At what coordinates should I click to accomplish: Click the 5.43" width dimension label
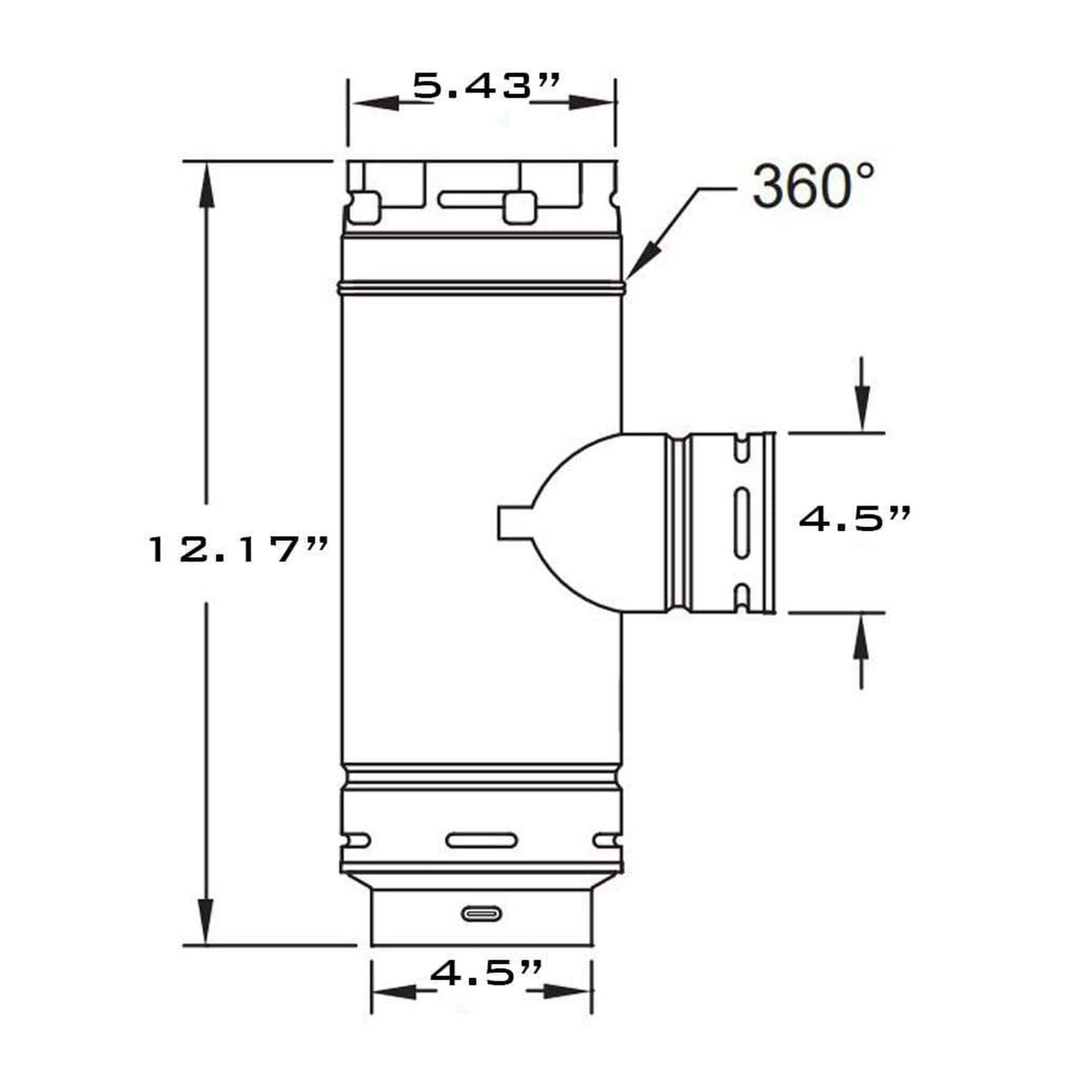[486, 86]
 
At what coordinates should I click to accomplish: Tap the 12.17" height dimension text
[237, 550]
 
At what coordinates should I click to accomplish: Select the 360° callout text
[812, 187]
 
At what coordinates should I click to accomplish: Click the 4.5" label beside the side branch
[855, 518]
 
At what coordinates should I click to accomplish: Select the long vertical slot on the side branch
[741, 523]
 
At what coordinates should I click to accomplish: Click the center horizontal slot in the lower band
[481, 856]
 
